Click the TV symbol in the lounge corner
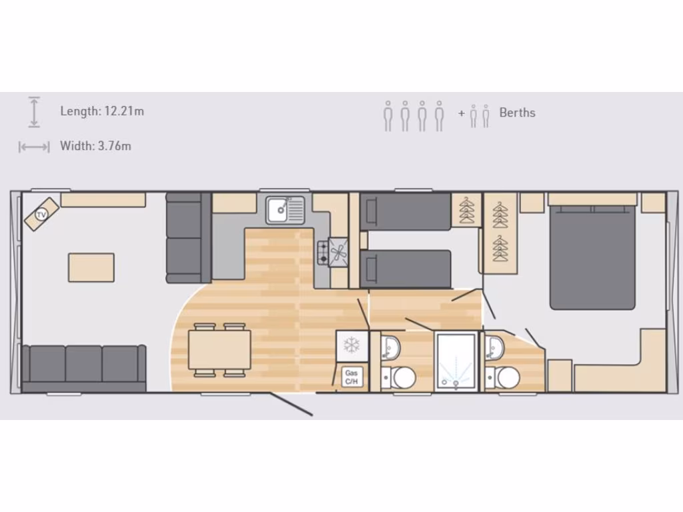41,215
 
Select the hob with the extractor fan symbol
332,253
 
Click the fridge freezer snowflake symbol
352,345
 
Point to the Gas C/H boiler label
352,377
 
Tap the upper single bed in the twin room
405,211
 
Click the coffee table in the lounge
91,267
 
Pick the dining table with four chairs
219,350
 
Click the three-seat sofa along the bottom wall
83,367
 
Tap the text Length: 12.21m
102,111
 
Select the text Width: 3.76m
95,146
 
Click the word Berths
518,113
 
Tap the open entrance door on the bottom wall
291,405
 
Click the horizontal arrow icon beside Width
34,147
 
